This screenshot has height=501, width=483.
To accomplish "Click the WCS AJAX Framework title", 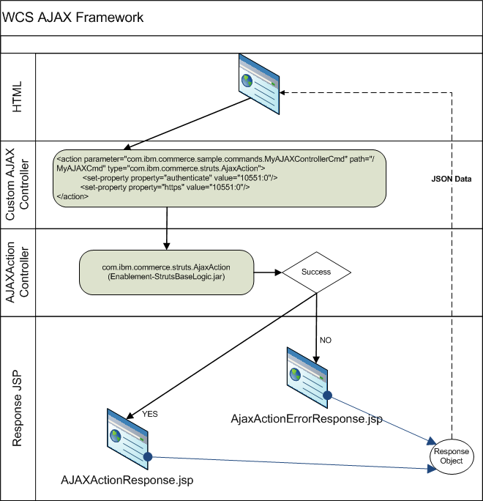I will (64, 17).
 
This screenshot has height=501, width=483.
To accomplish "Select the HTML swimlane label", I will (18, 96).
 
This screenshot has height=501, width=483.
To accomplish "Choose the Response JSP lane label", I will (18, 409).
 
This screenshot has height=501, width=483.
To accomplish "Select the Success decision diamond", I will (316, 272).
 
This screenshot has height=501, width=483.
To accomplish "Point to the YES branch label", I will (150, 414).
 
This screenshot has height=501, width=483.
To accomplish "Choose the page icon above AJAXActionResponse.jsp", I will (127, 437).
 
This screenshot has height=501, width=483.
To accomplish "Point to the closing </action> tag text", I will (72, 197).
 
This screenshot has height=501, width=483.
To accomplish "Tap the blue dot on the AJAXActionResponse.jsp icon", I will (147, 457).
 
